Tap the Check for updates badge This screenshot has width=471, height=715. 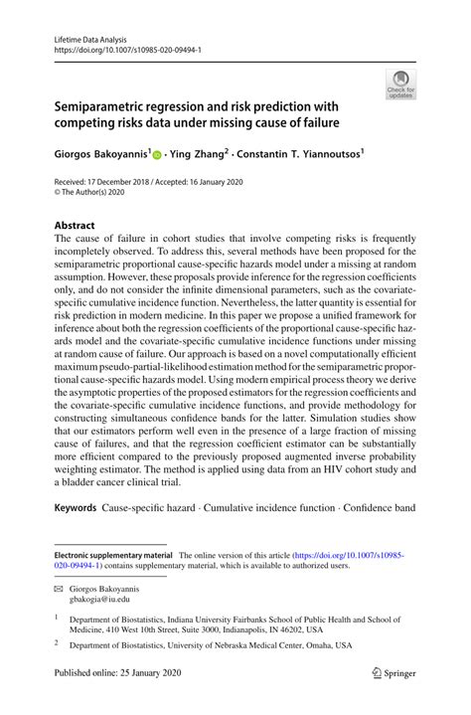[x=399, y=85]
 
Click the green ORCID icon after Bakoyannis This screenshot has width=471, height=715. [x=158, y=155]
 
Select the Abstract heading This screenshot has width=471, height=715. [x=75, y=226]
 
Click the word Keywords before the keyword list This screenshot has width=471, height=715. [x=76, y=508]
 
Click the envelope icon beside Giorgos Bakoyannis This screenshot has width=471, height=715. [x=58, y=588]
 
